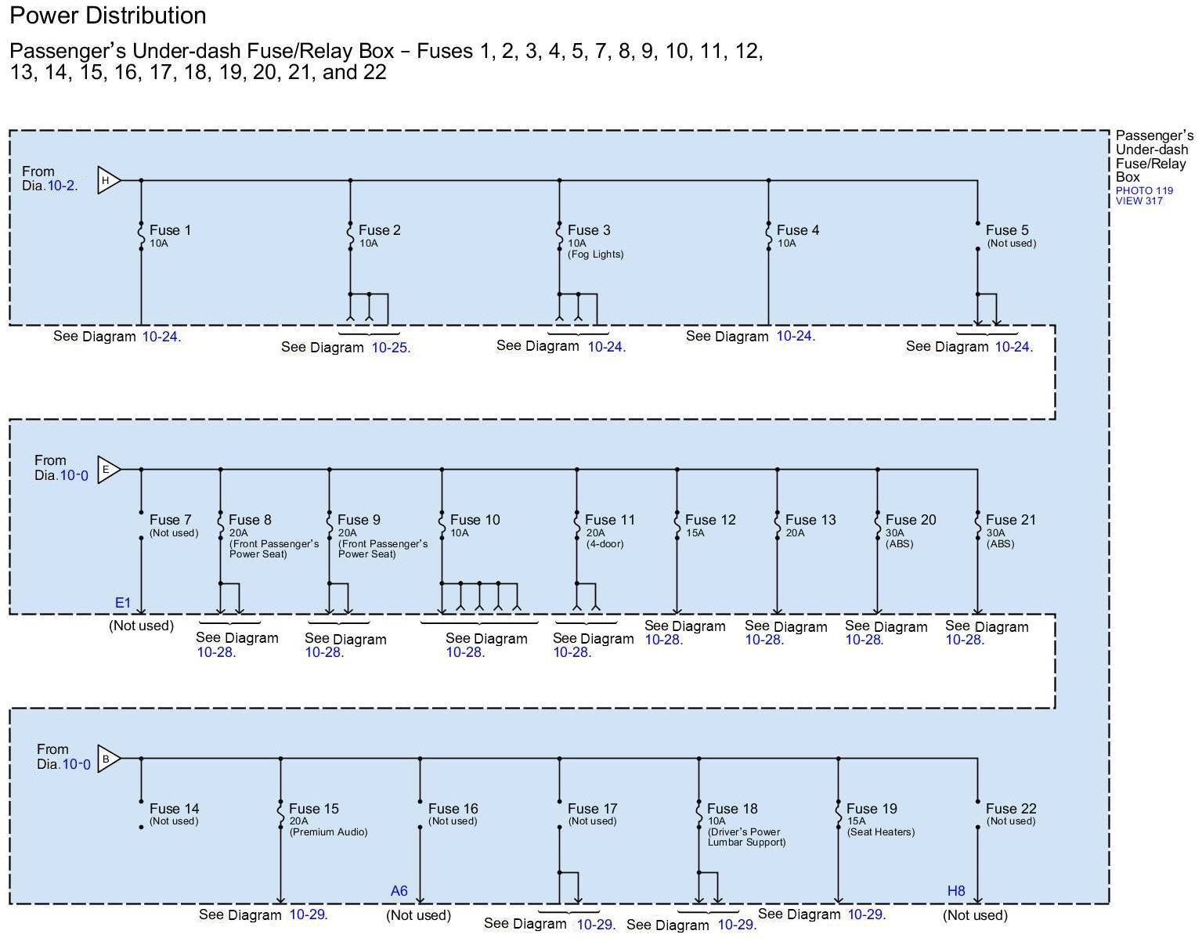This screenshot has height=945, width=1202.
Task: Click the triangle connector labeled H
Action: tap(107, 181)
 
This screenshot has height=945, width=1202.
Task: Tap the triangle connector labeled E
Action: tap(107, 470)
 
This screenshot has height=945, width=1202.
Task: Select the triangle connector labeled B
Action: tap(107, 759)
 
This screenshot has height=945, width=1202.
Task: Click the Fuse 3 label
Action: tap(589, 230)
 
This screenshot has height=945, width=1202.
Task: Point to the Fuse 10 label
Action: tap(475, 520)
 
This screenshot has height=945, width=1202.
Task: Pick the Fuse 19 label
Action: tap(872, 809)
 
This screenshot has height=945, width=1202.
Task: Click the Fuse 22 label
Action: tap(1010, 809)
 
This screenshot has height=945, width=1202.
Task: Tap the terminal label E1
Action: tap(123, 603)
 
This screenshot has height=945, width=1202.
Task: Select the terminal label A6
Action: tap(399, 891)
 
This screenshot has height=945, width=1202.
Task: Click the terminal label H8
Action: tap(956, 891)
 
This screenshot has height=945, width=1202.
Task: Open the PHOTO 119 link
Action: tap(1144, 190)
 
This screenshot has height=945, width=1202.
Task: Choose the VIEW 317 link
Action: tap(1139, 201)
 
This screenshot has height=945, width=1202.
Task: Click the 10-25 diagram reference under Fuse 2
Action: tap(390, 348)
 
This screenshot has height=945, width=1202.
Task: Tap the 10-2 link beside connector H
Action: tap(62, 186)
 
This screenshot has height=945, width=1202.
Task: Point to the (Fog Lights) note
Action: tap(596, 254)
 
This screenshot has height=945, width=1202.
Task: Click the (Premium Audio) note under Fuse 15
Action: tap(328, 832)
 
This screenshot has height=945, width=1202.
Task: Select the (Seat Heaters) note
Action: tap(881, 832)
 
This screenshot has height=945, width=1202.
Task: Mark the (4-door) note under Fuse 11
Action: tap(605, 544)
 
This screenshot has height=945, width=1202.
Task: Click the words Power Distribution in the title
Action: tap(108, 16)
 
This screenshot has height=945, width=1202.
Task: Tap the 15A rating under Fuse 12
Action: tap(695, 533)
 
